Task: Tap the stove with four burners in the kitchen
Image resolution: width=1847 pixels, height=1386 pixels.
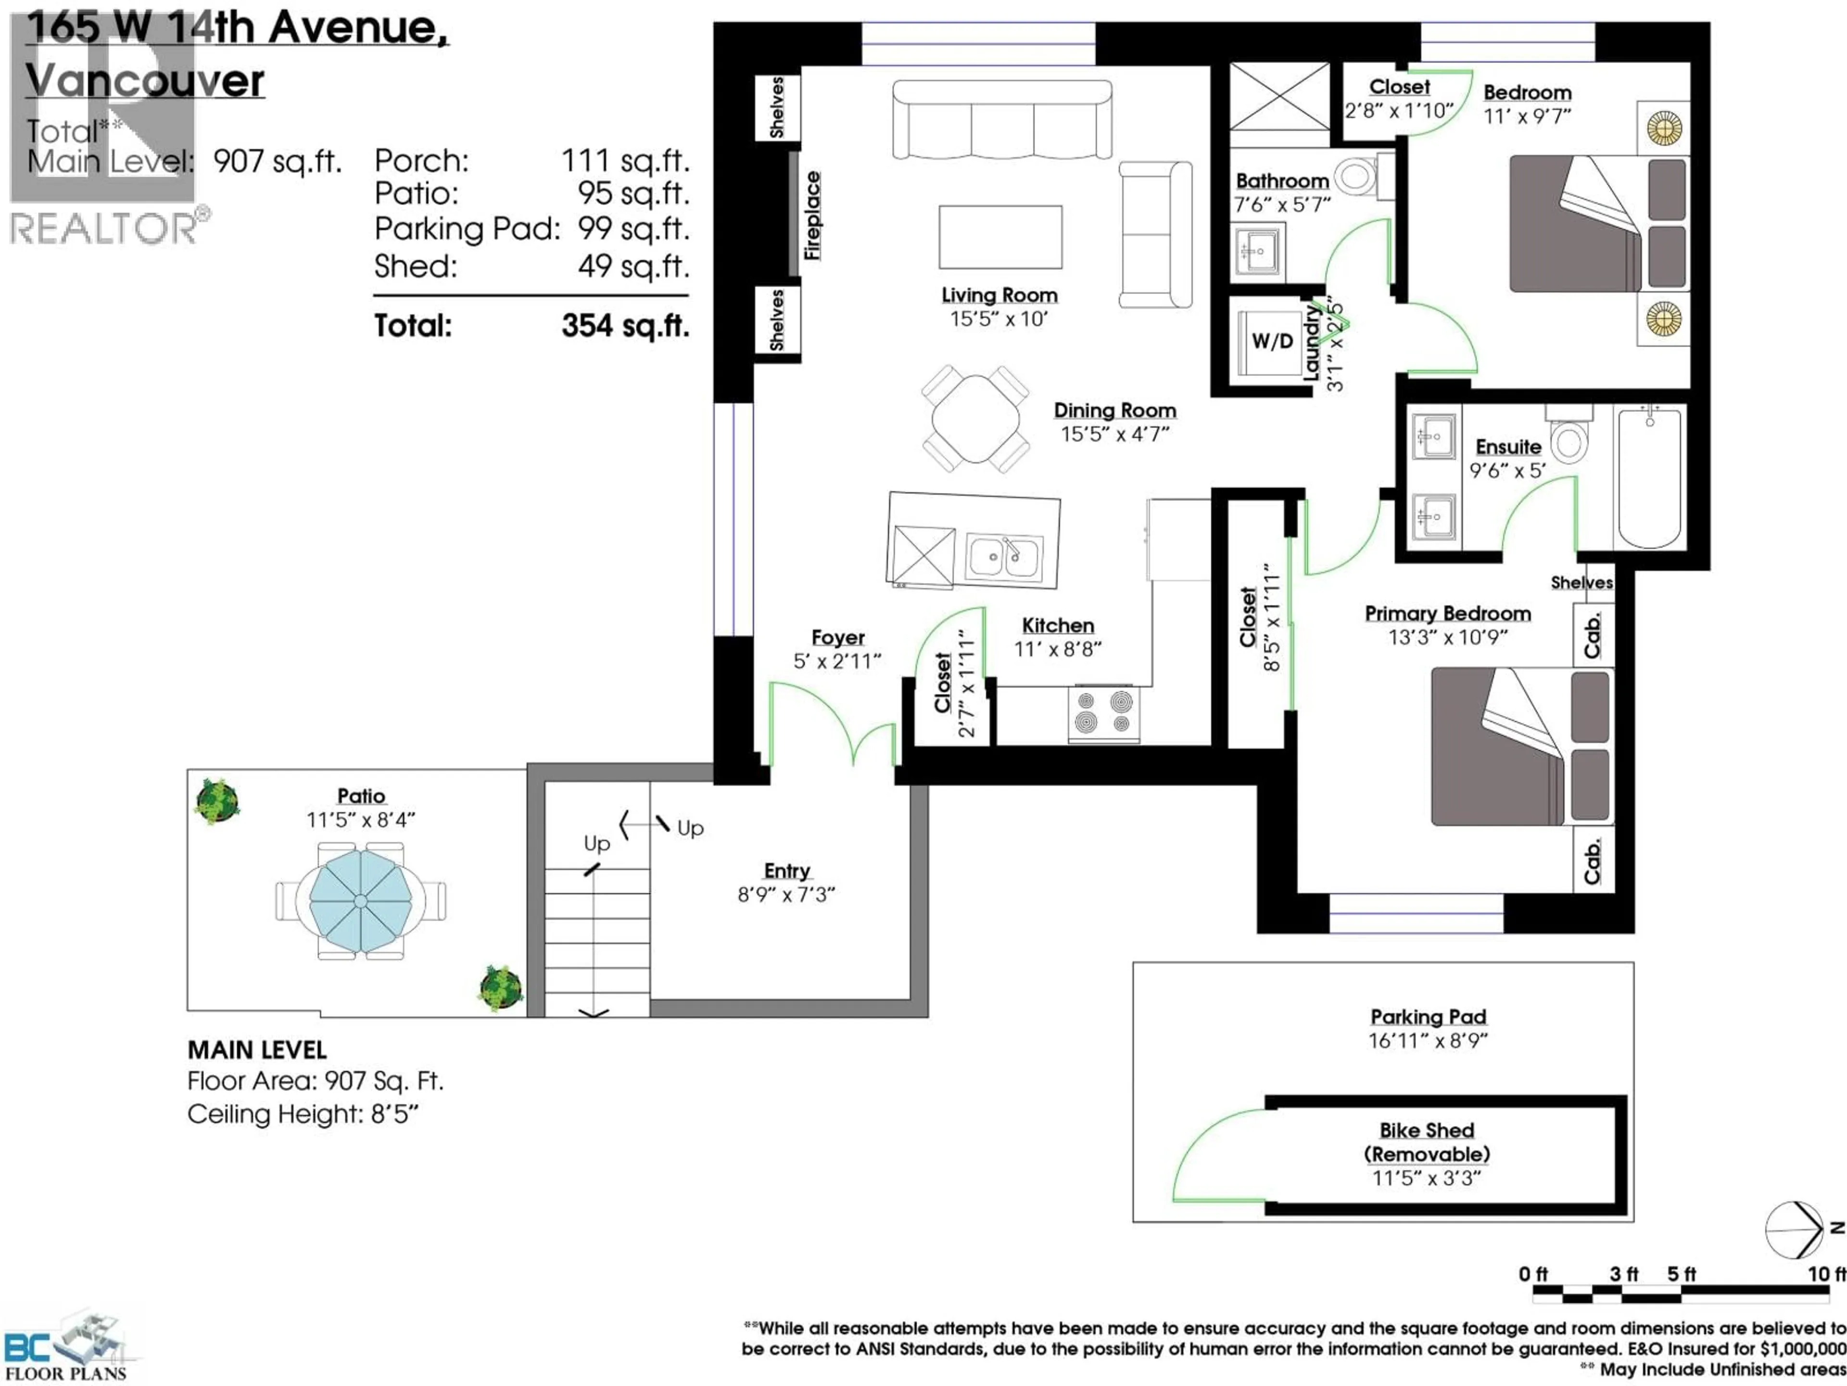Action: (1103, 713)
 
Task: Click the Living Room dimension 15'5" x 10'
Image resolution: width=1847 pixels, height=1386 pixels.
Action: (999, 319)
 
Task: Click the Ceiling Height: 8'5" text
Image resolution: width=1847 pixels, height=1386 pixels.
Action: (302, 1115)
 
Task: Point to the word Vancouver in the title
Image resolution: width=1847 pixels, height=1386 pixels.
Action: (145, 81)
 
